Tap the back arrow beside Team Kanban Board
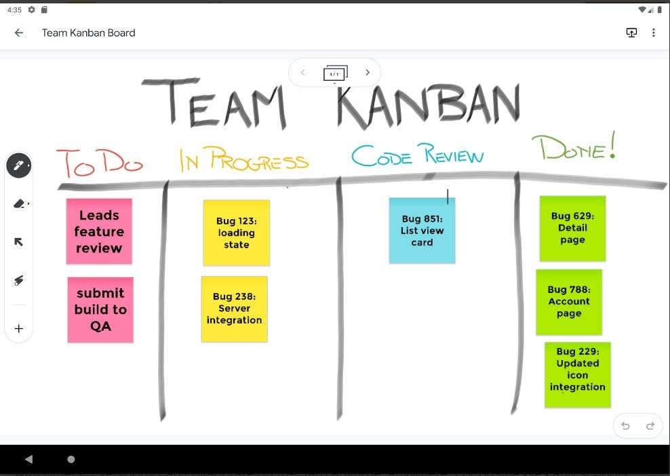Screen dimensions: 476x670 pyautogui.click(x=19, y=33)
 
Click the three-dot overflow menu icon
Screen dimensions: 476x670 pyautogui.click(x=654, y=33)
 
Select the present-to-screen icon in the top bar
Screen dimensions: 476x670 pyautogui.click(x=631, y=33)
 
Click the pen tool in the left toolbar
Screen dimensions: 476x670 pyautogui.click(x=18, y=165)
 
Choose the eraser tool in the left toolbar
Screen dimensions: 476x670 pyautogui.click(x=18, y=203)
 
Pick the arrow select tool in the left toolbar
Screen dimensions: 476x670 pyautogui.click(x=18, y=242)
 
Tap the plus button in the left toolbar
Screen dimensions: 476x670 pyautogui.click(x=18, y=329)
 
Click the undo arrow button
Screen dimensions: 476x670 pyautogui.click(x=625, y=426)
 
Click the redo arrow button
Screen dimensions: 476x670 pyautogui.click(x=650, y=426)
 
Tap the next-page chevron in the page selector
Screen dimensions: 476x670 pyautogui.click(x=368, y=73)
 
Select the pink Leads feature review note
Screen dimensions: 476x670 pyautogui.click(x=99, y=231)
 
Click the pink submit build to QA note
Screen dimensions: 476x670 pyautogui.click(x=100, y=309)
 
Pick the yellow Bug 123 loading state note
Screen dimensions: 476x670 pyautogui.click(x=237, y=233)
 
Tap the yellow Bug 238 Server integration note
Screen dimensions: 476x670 pyautogui.click(x=235, y=309)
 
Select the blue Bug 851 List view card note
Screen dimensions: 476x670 pyautogui.click(x=422, y=231)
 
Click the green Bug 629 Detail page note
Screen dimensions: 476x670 pyautogui.click(x=572, y=229)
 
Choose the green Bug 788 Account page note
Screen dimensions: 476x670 pyautogui.click(x=569, y=302)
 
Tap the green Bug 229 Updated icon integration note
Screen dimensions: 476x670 pyautogui.click(x=578, y=375)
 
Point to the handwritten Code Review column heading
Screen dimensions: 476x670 pyautogui.click(x=418, y=155)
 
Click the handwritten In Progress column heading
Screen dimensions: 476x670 pyautogui.click(x=244, y=159)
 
